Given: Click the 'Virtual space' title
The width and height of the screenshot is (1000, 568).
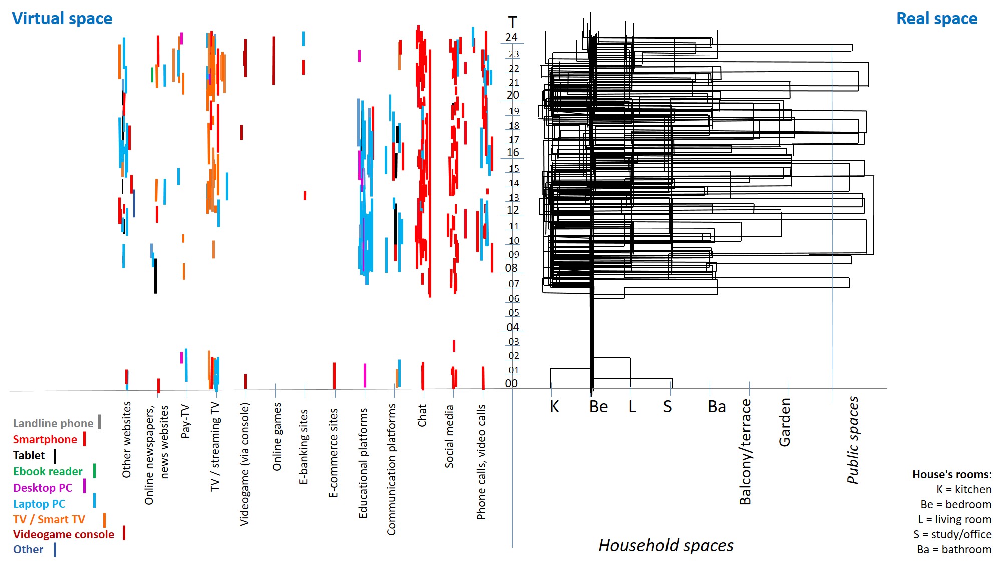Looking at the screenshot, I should point(62,19).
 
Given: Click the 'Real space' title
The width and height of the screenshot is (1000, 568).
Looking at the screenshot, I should point(936,19).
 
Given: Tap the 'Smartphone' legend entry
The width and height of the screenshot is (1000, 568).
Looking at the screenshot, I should point(45,439).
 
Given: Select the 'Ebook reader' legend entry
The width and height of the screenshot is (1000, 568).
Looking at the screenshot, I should point(48,471).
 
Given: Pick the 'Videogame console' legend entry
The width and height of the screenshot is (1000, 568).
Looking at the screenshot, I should point(64,534).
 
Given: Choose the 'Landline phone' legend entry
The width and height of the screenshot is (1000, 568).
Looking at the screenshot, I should point(53,423).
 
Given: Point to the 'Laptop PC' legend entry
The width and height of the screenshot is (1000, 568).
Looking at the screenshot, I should point(39,504).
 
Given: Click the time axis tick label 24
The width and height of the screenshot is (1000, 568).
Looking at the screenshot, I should point(511,37).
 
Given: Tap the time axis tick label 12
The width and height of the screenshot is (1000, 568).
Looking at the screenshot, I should point(513,210).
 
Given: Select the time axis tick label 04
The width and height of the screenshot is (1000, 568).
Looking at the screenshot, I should point(513,327).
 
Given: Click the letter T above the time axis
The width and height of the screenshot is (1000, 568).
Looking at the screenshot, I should point(512,23).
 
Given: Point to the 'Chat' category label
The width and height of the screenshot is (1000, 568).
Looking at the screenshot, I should point(422,416).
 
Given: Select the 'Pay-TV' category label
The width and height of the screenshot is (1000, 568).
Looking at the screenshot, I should point(185,421).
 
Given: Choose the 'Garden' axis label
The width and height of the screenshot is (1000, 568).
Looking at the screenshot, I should point(785,422).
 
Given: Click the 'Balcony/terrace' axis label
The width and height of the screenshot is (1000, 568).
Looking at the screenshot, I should point(745,451).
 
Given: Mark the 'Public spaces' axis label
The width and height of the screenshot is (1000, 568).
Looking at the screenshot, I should point(853,440).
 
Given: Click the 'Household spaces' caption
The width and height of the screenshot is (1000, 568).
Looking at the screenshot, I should point(665,545).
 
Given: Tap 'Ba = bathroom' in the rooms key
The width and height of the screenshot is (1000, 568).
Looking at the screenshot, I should point(954,549).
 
